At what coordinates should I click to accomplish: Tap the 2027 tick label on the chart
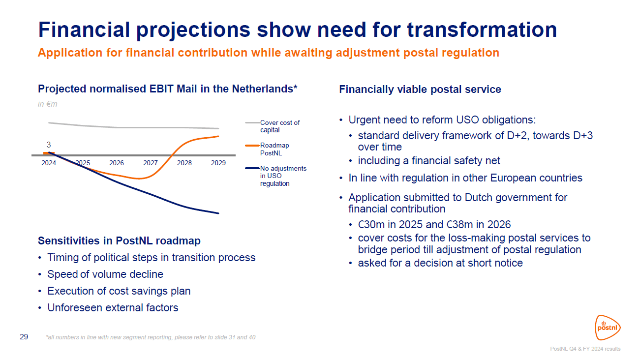(x=151, y=163)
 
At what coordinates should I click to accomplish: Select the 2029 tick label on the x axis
(x=218, y=163)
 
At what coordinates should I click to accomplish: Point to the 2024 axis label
(x=49, y=163)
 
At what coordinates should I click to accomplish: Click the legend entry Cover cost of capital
(x=279, y=126)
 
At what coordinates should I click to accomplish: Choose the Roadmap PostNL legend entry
(x=274, y=149)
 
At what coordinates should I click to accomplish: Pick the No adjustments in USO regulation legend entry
(x=283, y=176)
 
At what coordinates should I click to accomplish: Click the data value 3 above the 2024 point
(x=49, y=145)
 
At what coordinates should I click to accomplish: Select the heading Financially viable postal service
(x=420, y=90)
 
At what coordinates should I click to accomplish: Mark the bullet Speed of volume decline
(x=105, y=274)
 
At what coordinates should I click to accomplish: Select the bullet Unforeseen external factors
(x=113, y=308)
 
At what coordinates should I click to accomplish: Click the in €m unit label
(x=48, y=104)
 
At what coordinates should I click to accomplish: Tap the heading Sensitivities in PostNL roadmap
(x=119, y=241)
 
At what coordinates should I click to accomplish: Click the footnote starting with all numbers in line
(x=150, y=337)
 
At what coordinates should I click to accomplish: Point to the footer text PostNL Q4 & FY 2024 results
(x=585, y=349)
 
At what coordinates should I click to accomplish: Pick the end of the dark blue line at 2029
(x=218, y=213)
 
